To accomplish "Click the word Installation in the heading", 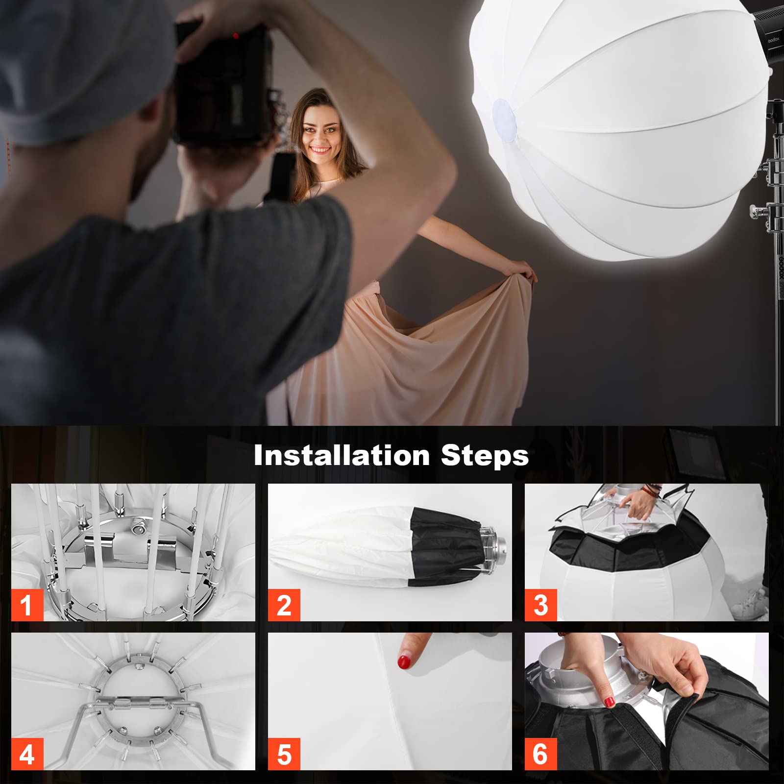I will [342, 456].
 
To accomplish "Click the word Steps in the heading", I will [485, 456].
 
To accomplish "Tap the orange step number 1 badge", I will [27, 605].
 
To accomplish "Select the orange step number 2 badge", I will [284, 605].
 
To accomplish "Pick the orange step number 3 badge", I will [540, 605].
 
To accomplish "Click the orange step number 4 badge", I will [27, 754].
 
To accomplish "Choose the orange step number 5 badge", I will [284, 754].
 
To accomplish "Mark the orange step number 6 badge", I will [540, 754].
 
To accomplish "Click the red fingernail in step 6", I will [610, 702].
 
